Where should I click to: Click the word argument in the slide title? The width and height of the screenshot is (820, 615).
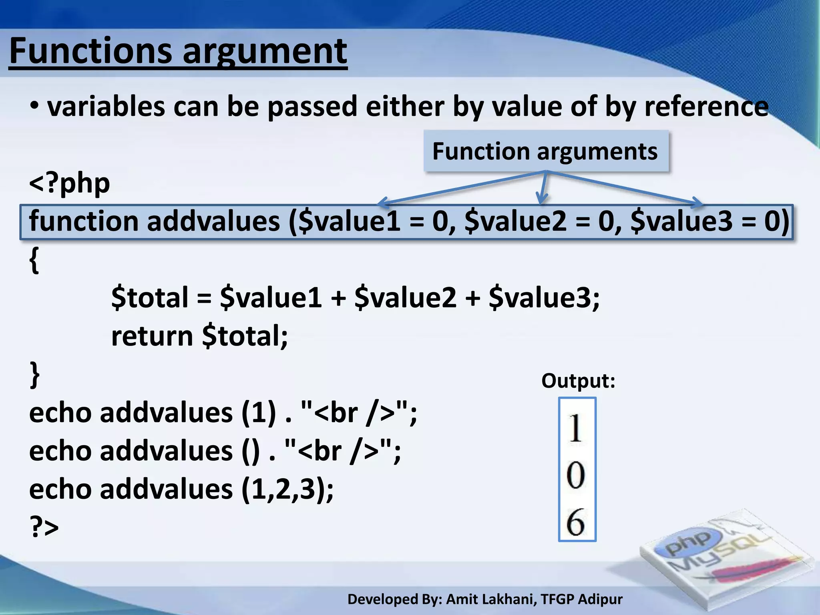point(265,51)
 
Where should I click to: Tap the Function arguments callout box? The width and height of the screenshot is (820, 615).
point(546,151)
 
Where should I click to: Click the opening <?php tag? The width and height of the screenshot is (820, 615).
point(70,183)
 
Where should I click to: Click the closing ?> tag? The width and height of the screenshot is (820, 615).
point(44,527)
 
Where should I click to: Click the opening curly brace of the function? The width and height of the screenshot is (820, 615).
point(34,260)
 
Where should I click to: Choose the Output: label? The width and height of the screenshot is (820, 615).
point(578,380)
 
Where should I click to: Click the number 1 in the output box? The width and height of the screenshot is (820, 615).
point(576,428)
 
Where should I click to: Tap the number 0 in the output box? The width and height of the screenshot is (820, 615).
point(576,475)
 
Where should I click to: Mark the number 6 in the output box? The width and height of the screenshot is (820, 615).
point(576,522)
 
